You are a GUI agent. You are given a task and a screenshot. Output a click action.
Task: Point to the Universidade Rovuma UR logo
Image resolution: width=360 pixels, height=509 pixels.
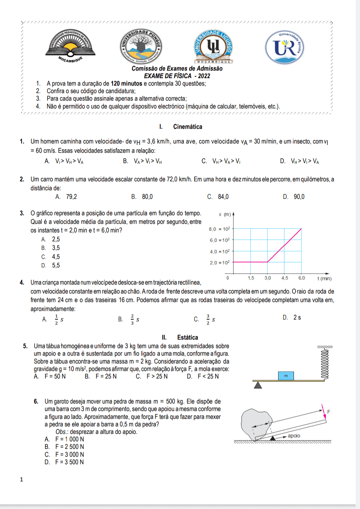285,48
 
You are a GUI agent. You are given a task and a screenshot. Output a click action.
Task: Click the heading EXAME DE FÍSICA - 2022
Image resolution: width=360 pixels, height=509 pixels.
177,76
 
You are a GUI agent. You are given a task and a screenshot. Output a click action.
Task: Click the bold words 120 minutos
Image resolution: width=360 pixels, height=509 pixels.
127,84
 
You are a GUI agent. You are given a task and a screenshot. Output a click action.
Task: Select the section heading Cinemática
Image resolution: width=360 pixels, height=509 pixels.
187,126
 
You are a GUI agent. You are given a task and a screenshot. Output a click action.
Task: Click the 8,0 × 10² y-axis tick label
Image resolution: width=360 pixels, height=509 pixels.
220,229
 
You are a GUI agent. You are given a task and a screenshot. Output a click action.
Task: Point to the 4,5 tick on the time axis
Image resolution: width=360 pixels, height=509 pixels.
285,278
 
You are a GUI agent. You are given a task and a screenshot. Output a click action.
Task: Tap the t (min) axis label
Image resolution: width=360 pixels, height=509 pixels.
325,278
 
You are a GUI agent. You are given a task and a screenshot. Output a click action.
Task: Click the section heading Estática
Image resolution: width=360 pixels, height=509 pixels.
187,337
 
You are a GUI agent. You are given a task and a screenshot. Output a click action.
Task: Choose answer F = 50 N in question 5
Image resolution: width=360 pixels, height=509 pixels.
55,376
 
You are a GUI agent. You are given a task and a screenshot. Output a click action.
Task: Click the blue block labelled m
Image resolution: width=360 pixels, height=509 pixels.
286,376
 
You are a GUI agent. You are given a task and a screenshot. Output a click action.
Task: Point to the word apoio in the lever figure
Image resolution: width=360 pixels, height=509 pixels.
294,436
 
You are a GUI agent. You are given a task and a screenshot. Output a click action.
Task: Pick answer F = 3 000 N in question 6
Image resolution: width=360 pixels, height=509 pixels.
69,454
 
